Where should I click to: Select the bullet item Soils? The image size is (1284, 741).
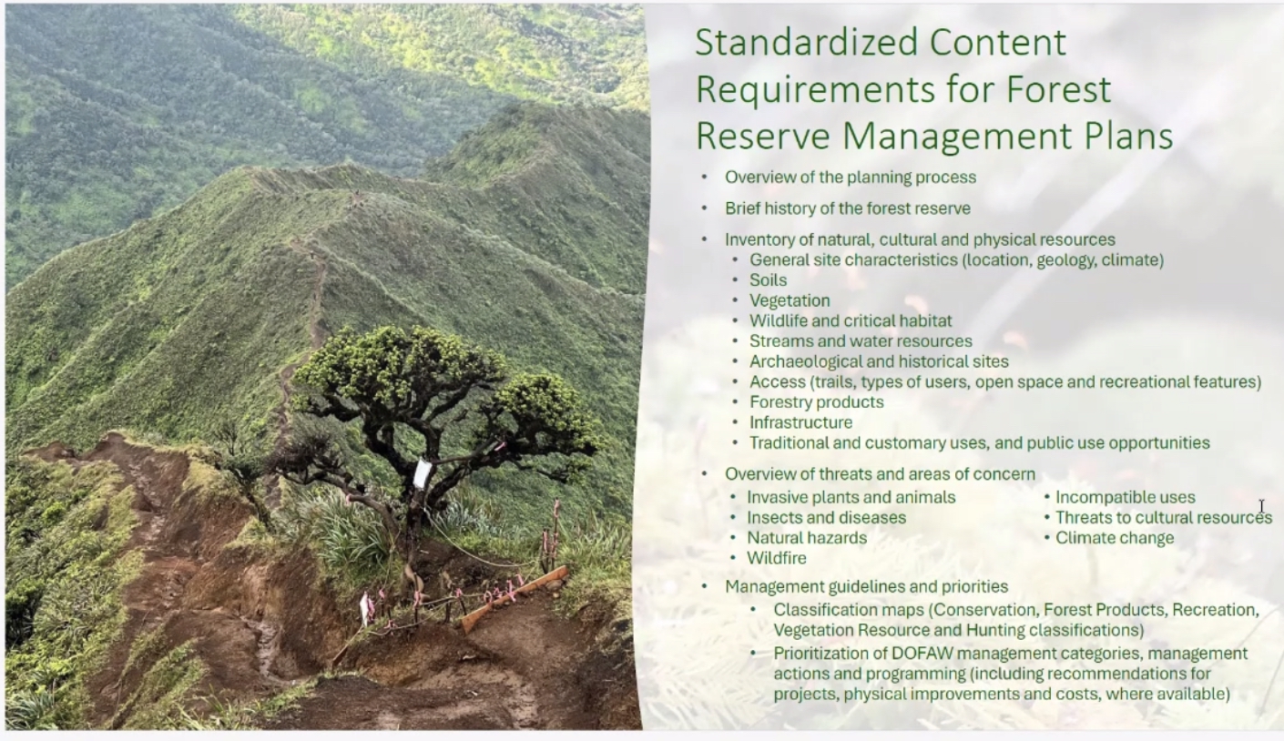[x=768, y=280]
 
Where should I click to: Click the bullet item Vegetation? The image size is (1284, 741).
[x=790, y=301]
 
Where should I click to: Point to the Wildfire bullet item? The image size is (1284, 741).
[x=776, y=558]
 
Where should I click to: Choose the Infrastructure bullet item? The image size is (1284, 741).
[x=800, y=422]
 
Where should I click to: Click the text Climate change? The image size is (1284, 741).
[x=1115, y=538]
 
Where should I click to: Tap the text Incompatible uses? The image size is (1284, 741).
[x=1125, y=497]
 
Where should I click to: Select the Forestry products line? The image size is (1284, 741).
[x=816, y=402]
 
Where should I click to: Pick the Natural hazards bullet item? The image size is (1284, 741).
[x=807, y=538]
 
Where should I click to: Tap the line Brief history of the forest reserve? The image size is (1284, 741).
[x=848, y=208]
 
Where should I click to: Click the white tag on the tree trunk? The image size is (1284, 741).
[x=423, y=473]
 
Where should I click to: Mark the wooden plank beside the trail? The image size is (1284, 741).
[x=514, y=598]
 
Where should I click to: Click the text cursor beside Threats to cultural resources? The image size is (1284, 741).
[x=1261, y=507]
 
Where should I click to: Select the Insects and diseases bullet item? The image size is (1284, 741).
[x=826, y=517]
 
